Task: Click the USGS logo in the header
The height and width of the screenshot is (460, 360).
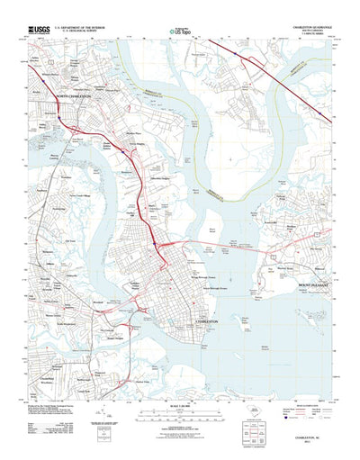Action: click(39, 30)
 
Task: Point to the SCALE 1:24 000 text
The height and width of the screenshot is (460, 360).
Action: click(180, 412)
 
